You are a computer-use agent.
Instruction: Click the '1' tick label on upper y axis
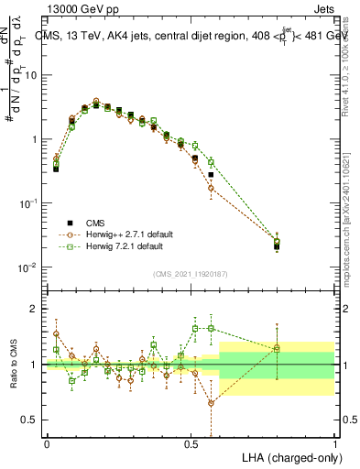click(34, 139)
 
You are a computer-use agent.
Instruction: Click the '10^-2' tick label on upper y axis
click(29, 267)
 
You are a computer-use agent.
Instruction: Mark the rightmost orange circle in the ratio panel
click(277, 346)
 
